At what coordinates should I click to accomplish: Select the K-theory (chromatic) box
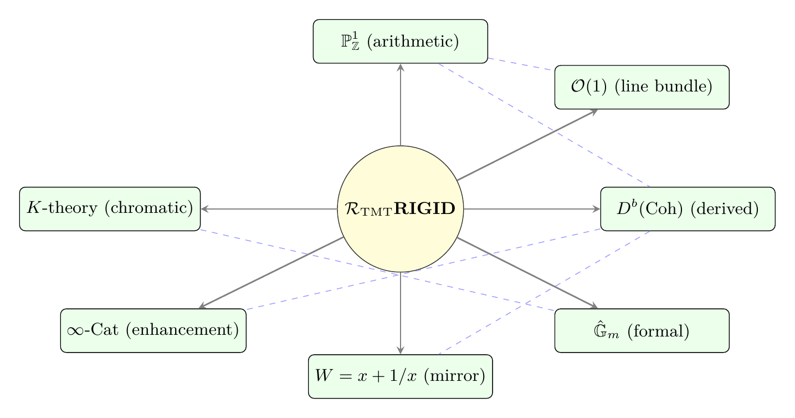coord(110,208)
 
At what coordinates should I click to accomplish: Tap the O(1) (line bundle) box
coord(642,87)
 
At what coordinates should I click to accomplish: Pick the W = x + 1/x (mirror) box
coord(400,376)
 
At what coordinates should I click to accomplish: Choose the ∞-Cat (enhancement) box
coord(153,330)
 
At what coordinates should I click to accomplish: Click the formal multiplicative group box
coord(642,330)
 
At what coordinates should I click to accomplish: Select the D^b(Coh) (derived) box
coord(688,208)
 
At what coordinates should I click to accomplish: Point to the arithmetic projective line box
coord(400,42)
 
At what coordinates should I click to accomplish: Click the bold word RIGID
coord(429,209)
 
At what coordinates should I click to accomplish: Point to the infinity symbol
coord(75,331)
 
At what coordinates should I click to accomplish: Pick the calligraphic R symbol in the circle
coord(351,209)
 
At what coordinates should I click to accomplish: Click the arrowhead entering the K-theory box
coord(204,208)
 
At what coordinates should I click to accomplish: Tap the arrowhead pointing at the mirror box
coord(400,350)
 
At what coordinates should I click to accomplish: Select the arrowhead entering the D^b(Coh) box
coord(597,208)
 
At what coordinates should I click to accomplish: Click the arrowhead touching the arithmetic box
coord(400,67)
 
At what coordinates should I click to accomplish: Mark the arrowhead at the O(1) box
coord(594,111)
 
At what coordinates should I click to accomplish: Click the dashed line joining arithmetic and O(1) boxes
coord(521,64)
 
